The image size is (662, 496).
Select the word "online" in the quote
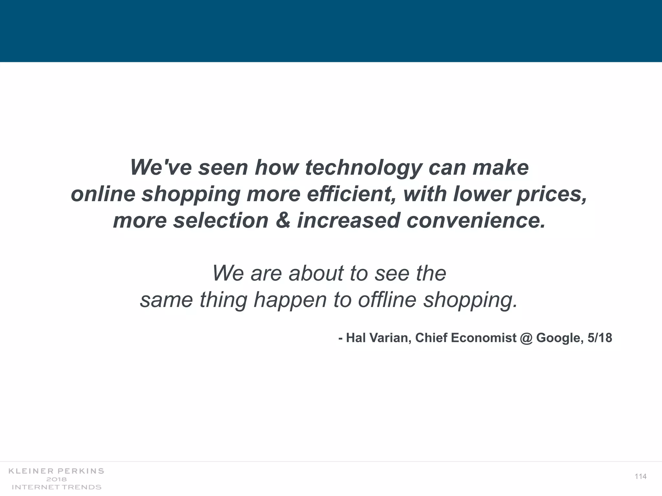[x=103, y=194]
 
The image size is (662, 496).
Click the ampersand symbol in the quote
[x=283, y=221]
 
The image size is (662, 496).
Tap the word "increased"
[x=348, y=221]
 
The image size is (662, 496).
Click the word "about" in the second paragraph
[x=316, y=273]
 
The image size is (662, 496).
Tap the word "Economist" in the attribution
[x=484, y=338]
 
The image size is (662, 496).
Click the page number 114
[x=640, y=477]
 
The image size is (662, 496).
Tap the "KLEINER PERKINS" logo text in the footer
[x=56, y=471]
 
